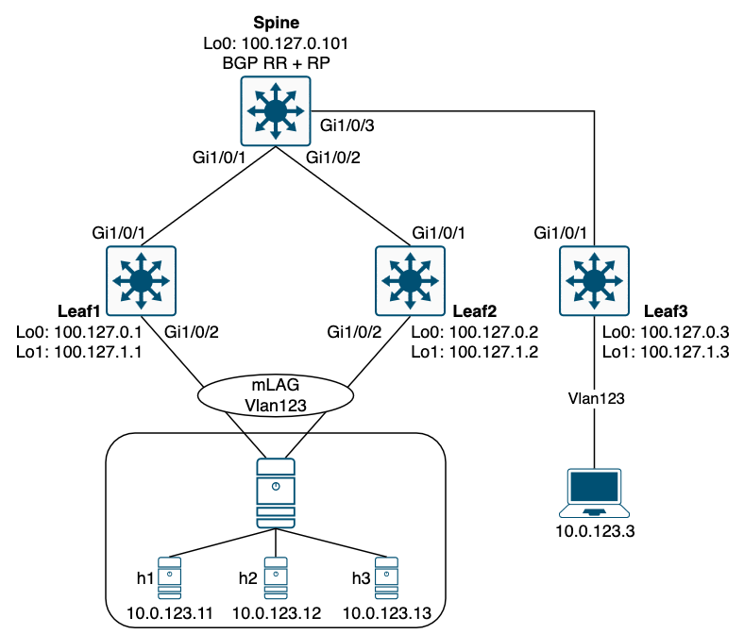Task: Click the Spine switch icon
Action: coord(275,112)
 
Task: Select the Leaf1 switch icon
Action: coord(141,280)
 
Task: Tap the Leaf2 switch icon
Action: coord(410,280)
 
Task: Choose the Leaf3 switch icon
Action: coord(594,280)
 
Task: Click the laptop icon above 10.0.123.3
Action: coord(594,492)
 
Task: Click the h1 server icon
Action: coord(171,576)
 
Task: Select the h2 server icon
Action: coord(275,576)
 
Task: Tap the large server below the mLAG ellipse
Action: coord(275,492)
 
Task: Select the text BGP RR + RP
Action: coord(275,64)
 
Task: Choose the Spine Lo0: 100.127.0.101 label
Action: coord(275,44)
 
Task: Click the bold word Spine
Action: coord(275,23)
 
